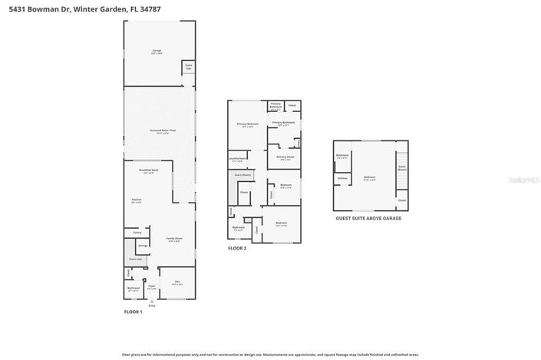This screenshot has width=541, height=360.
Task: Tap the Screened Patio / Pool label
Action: (x=160, y=132)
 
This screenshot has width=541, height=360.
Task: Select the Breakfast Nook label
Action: (x=149, y=170)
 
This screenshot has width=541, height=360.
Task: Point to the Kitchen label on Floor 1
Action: (x=137, y=201)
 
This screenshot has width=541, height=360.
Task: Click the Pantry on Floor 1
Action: (x=137, y=232)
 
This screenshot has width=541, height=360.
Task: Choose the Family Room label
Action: (x=175, y=239)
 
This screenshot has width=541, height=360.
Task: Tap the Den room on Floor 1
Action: (x=176, y=282)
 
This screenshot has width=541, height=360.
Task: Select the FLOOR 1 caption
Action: (x=134, y=312)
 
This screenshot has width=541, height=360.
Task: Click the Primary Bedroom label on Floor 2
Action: (x=247, y=124)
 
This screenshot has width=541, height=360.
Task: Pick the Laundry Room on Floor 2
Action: (x=238, y=160)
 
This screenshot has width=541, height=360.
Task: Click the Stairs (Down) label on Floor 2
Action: (x=242, y=175)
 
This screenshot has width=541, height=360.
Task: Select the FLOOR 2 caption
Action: (x=237, y=249)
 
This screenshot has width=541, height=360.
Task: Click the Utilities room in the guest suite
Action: (x=342, y=178)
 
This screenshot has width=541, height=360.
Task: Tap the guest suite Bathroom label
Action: (x=342, y=156)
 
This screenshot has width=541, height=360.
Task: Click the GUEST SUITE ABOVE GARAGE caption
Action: (x=369, y=218)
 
